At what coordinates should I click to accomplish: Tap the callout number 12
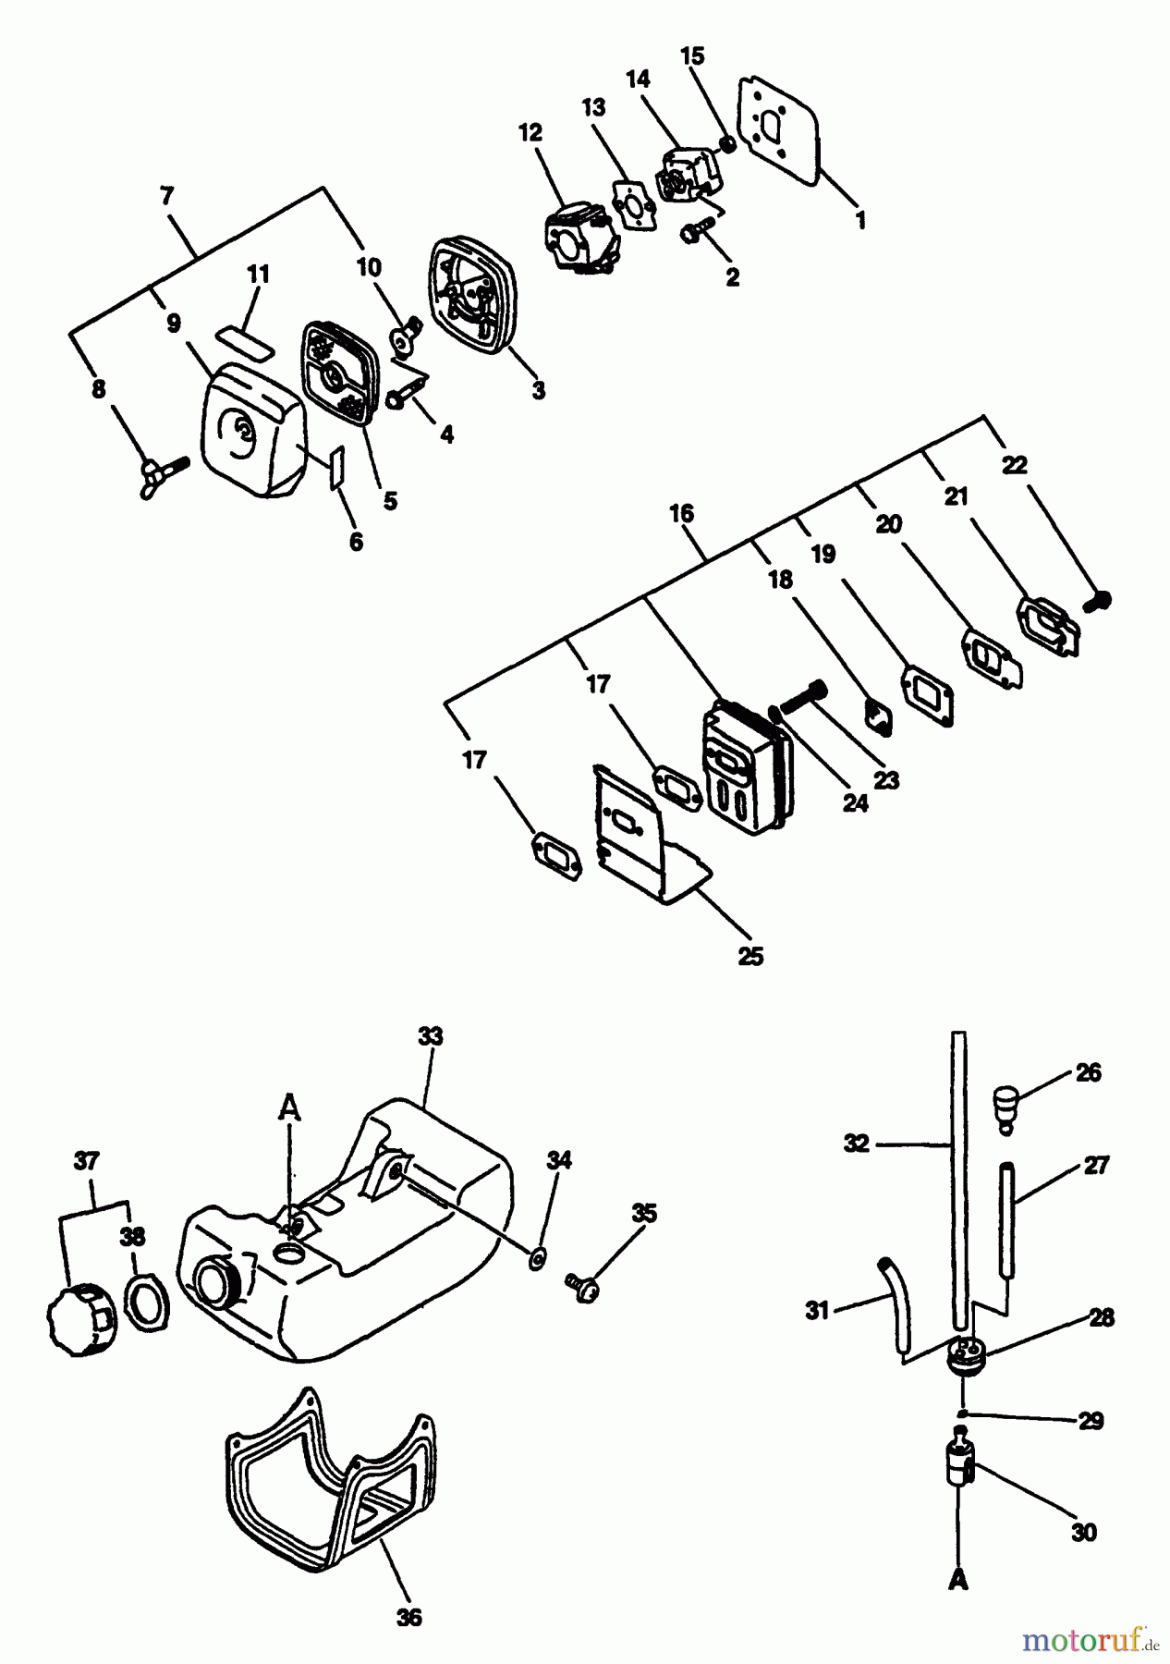(530, 132)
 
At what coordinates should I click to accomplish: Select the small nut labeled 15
(728, 144)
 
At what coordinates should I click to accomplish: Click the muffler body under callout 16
(745, 757)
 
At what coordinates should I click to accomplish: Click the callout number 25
(751, 956)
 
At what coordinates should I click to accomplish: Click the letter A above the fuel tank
(290, 1107)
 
